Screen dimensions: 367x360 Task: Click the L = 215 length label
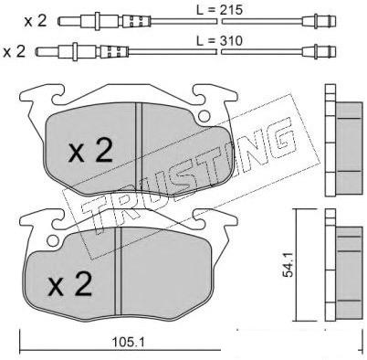[x=219, y=10]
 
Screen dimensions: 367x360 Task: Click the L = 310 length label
[x=219, y=40]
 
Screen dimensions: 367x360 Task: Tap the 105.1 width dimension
[x=128, y=343]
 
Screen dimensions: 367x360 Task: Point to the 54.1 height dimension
[x=287, y=264]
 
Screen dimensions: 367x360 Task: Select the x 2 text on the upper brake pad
[x=90, y=151]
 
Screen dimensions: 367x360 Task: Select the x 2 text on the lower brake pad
[x=70, y=284]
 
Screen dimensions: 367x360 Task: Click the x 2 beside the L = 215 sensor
[x=36, y=21]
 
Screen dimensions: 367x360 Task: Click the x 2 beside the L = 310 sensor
[x=14, y=52]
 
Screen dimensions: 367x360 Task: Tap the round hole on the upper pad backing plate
[x=204, y=116]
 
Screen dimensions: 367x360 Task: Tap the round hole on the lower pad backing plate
[x=53, y=240]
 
